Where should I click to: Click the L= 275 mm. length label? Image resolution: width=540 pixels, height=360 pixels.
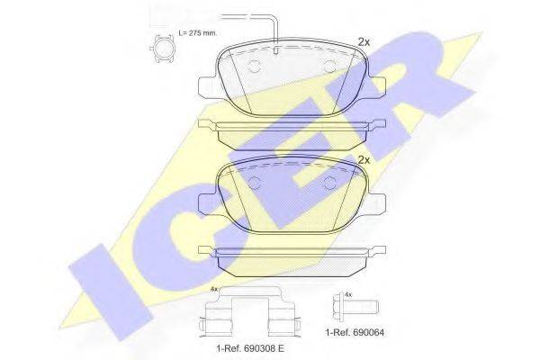pos(197,33)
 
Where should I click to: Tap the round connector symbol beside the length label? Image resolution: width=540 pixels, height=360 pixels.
pos(162,49)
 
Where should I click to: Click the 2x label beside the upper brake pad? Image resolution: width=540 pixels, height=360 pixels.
pos(364,42)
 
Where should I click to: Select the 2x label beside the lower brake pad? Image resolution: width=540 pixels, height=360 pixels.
pos(364,160)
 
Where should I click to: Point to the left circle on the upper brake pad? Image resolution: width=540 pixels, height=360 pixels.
pos(255,66)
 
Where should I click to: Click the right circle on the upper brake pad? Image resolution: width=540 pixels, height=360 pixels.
pos(330,66)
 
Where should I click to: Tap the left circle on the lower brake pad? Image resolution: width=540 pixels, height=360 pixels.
pos(255,183)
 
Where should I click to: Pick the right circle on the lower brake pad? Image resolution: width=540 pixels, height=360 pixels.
pos(330,183)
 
